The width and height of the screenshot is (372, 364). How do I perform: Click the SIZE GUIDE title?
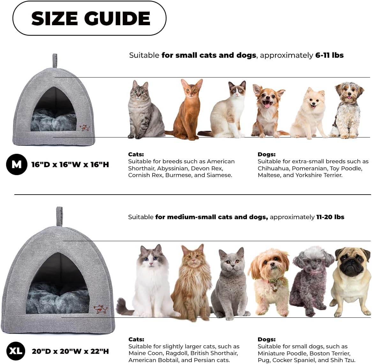(x=91, y=18)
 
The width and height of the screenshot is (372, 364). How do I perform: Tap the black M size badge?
(x=16, y=164)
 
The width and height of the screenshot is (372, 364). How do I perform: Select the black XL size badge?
(x=16, y=351)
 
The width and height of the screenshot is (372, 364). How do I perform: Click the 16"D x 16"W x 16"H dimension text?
(x=70, y=165)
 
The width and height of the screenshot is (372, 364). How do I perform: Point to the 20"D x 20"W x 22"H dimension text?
(x=70, y=351)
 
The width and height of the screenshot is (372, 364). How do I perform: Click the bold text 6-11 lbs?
(x=329, y=55)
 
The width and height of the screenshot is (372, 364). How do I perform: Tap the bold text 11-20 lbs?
(x=330, y=217)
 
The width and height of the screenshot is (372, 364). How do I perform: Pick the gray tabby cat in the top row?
(x=144, y=110)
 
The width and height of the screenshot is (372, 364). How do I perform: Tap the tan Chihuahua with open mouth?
(x=267, y=110)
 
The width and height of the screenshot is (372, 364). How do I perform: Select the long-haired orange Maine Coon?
(x=193, y=281)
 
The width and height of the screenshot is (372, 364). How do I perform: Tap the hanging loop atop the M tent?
(x=55, y=60)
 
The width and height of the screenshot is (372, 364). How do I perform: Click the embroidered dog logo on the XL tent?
(x=100, y=308)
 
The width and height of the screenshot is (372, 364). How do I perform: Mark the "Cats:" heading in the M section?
(x=136, y=154)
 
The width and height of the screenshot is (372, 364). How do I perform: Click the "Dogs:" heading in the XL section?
(x=266, y=339)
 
